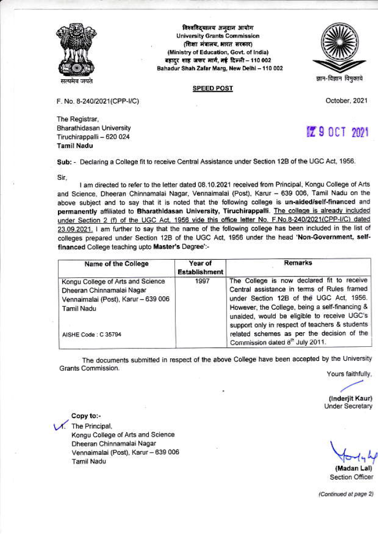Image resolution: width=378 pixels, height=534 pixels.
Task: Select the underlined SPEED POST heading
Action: click(x=212, y=89)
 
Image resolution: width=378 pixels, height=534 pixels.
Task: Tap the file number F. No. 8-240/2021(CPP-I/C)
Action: click(x=98, y=101)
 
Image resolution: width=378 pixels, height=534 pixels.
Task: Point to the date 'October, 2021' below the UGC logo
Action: click(x=346, y=101)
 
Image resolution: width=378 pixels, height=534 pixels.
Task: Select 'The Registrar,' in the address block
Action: click(x=77, y=119)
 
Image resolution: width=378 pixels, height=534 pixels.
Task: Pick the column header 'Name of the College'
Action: click(x=116, y=264)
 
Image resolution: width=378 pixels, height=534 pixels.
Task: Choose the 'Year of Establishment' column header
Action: click(x=200, y=268)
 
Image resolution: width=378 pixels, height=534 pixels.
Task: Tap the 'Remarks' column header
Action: click(x=299, y=263)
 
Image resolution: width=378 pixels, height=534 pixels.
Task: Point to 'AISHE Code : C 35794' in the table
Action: click(x=92, y=334)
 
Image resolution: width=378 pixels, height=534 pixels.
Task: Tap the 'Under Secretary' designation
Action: click(x=348, y=406)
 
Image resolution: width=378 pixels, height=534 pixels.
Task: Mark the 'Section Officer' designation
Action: click(x=351, y=477)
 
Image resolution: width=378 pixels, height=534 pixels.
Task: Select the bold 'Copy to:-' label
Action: click(x=86, y=416)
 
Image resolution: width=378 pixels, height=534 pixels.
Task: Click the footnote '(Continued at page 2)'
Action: click(x=346, y=493)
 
